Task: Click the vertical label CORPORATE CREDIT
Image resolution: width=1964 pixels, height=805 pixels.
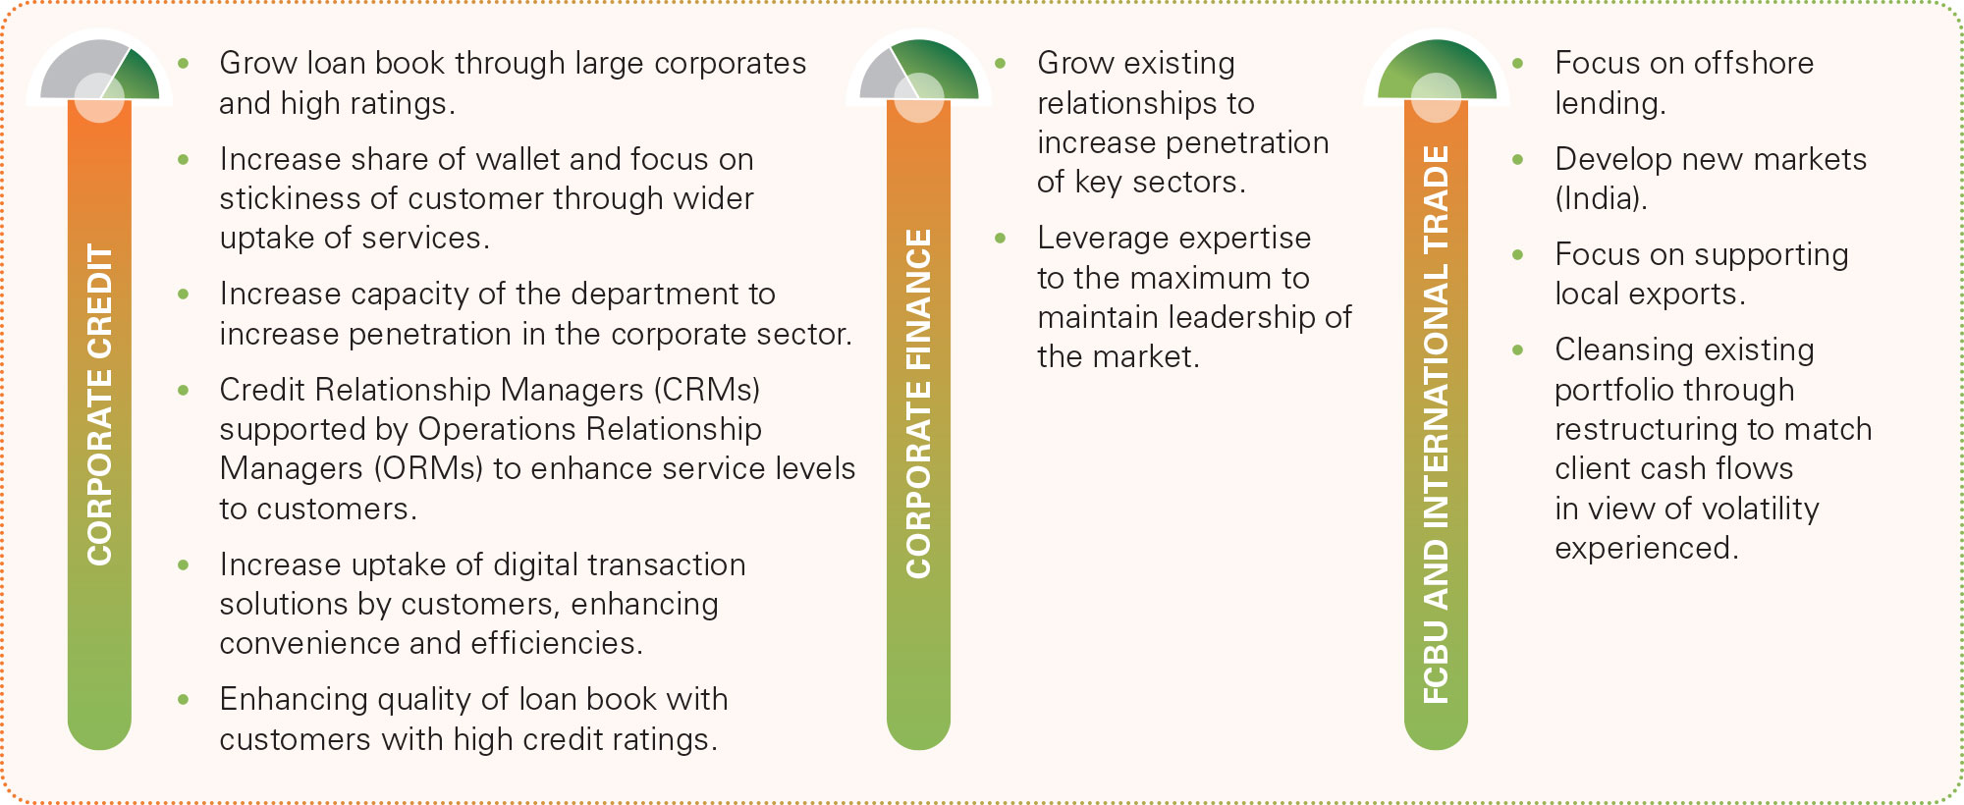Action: pos(99,403)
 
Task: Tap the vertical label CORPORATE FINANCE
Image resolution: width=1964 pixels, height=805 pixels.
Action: pos(918,403)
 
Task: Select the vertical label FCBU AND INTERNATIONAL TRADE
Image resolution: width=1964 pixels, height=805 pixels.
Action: pos(1436,424)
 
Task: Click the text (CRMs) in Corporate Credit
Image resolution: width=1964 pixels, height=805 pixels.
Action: pos(707,390)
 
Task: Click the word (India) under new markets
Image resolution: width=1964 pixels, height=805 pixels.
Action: pos(1601,198)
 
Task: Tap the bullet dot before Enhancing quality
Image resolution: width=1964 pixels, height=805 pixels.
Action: pos(184,700)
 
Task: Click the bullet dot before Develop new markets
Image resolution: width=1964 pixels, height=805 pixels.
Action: pos(1518,159)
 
